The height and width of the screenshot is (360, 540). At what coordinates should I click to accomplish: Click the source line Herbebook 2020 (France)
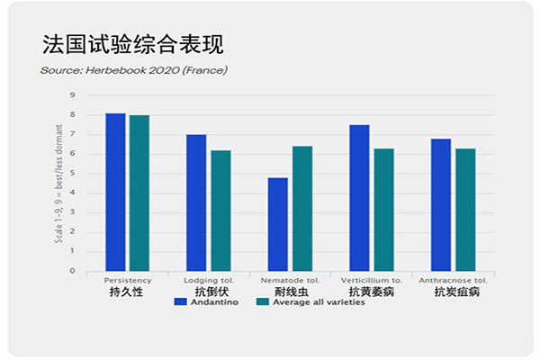coord(134,69)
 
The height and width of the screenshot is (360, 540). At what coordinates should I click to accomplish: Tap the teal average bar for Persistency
coord(139,193)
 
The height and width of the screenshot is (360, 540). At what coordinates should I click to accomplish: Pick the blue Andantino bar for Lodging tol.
coord(196,202)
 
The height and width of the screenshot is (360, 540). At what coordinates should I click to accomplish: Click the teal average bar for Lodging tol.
coord(220,211)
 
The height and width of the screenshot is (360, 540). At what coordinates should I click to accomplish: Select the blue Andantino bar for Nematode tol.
coord(277,224)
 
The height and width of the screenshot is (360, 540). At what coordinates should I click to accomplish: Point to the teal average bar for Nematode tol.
coord(301,209)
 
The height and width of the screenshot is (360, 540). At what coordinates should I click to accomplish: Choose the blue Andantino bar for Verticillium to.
coord(359,198)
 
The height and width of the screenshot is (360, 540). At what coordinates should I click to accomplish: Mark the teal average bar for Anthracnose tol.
coord(464,210)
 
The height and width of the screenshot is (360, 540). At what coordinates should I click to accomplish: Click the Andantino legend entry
coord(206,302)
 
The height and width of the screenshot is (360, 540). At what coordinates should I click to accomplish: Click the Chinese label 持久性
coord(127,292)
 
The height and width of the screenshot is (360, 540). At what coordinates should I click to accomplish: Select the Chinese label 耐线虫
coord(290,292)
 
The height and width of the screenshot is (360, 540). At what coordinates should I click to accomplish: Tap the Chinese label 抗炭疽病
coord(456,292)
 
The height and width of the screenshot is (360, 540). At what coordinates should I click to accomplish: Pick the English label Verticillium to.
coord(371,280)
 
